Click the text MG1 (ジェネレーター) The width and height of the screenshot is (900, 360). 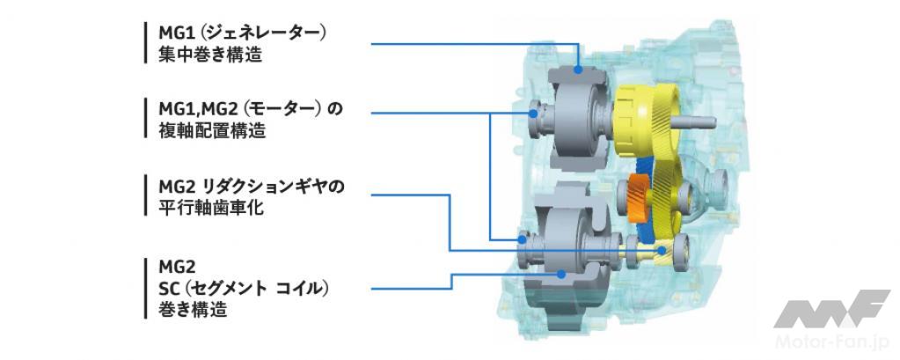(x=244, y=33)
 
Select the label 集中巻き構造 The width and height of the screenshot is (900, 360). (x=210, y=55)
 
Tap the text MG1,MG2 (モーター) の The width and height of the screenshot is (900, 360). (x=251, y=109)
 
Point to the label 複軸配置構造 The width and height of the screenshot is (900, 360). (x=212, y=130)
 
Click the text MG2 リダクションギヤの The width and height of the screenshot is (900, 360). (x=252, y=187)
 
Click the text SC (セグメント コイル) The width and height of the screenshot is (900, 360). (x=244, y=288)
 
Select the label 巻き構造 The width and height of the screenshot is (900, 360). (x=193, y=310)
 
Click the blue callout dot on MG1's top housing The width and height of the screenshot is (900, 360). (x=579, y=70)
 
